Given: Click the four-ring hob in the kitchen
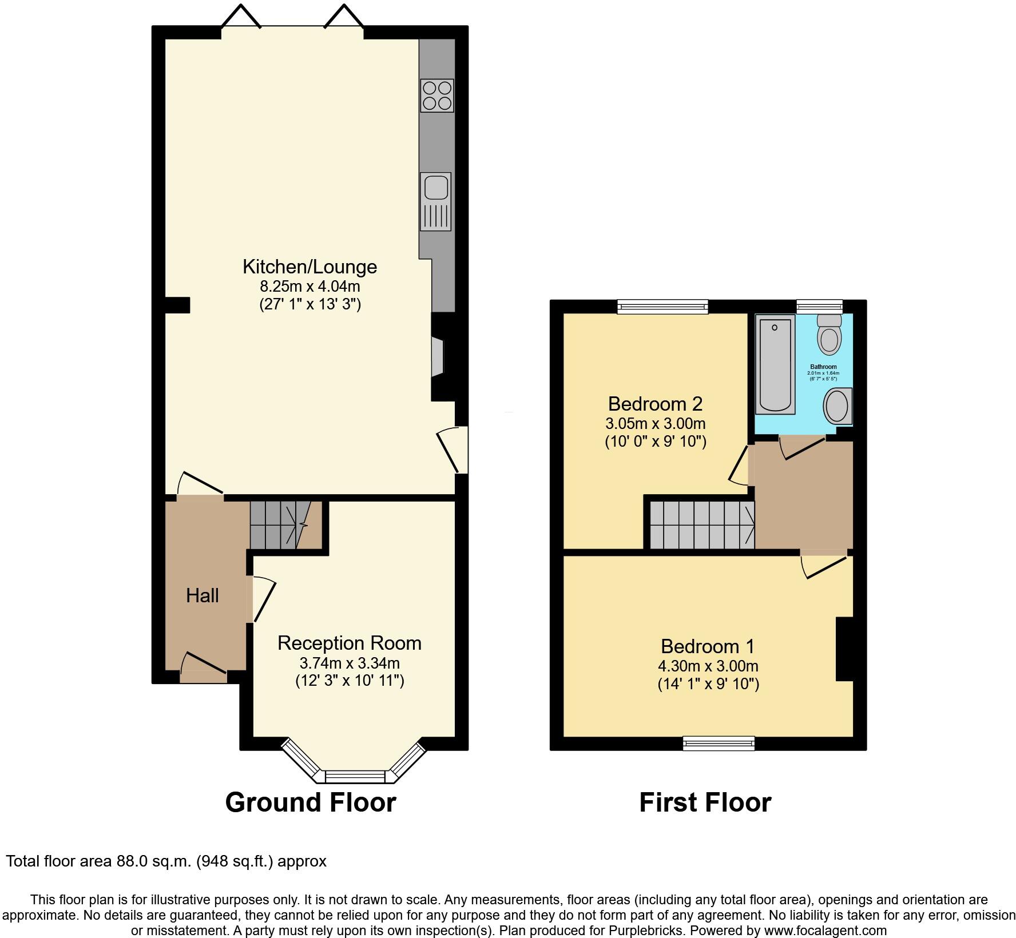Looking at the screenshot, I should pyautogui.click(x=437, y=96).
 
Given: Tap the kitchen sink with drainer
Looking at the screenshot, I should pyautogui.click(x=435, y=201).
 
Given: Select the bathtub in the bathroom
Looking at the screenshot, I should pyautogui.click(x=775, y=364).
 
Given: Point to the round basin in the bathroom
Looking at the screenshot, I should pyautogui.click(x=837, y=406).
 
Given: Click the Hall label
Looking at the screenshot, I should pyautogui.click(x=202, y=596).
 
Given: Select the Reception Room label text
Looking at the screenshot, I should pyautogui.click(x=349, y=643).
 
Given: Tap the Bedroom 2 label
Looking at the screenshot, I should pyautogui.click(x=655, y=404).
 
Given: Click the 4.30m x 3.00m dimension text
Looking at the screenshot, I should pyautogui.click(x=708, y=666).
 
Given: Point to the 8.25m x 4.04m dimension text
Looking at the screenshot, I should pyautogui.click(x=309, y=285).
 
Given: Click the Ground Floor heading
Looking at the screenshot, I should pyautogui.click(x=310, y=802).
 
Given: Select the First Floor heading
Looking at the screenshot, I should pyautogui.click(x=705, y=802).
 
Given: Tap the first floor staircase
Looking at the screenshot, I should pyautogui.click(x=701, y=525).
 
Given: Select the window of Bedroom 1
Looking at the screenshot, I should pyautogui.click(x=719, y=743).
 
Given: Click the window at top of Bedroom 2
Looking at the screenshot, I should pyautogui.click(x=662, y=307).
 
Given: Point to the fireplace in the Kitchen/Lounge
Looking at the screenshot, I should pyautogui.click(x=438, y=357).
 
